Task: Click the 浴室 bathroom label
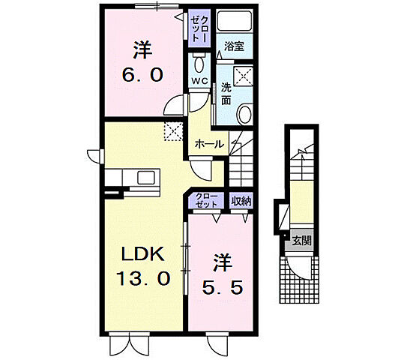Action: coord(233,46)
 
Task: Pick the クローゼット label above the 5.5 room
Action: coord(207,200)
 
